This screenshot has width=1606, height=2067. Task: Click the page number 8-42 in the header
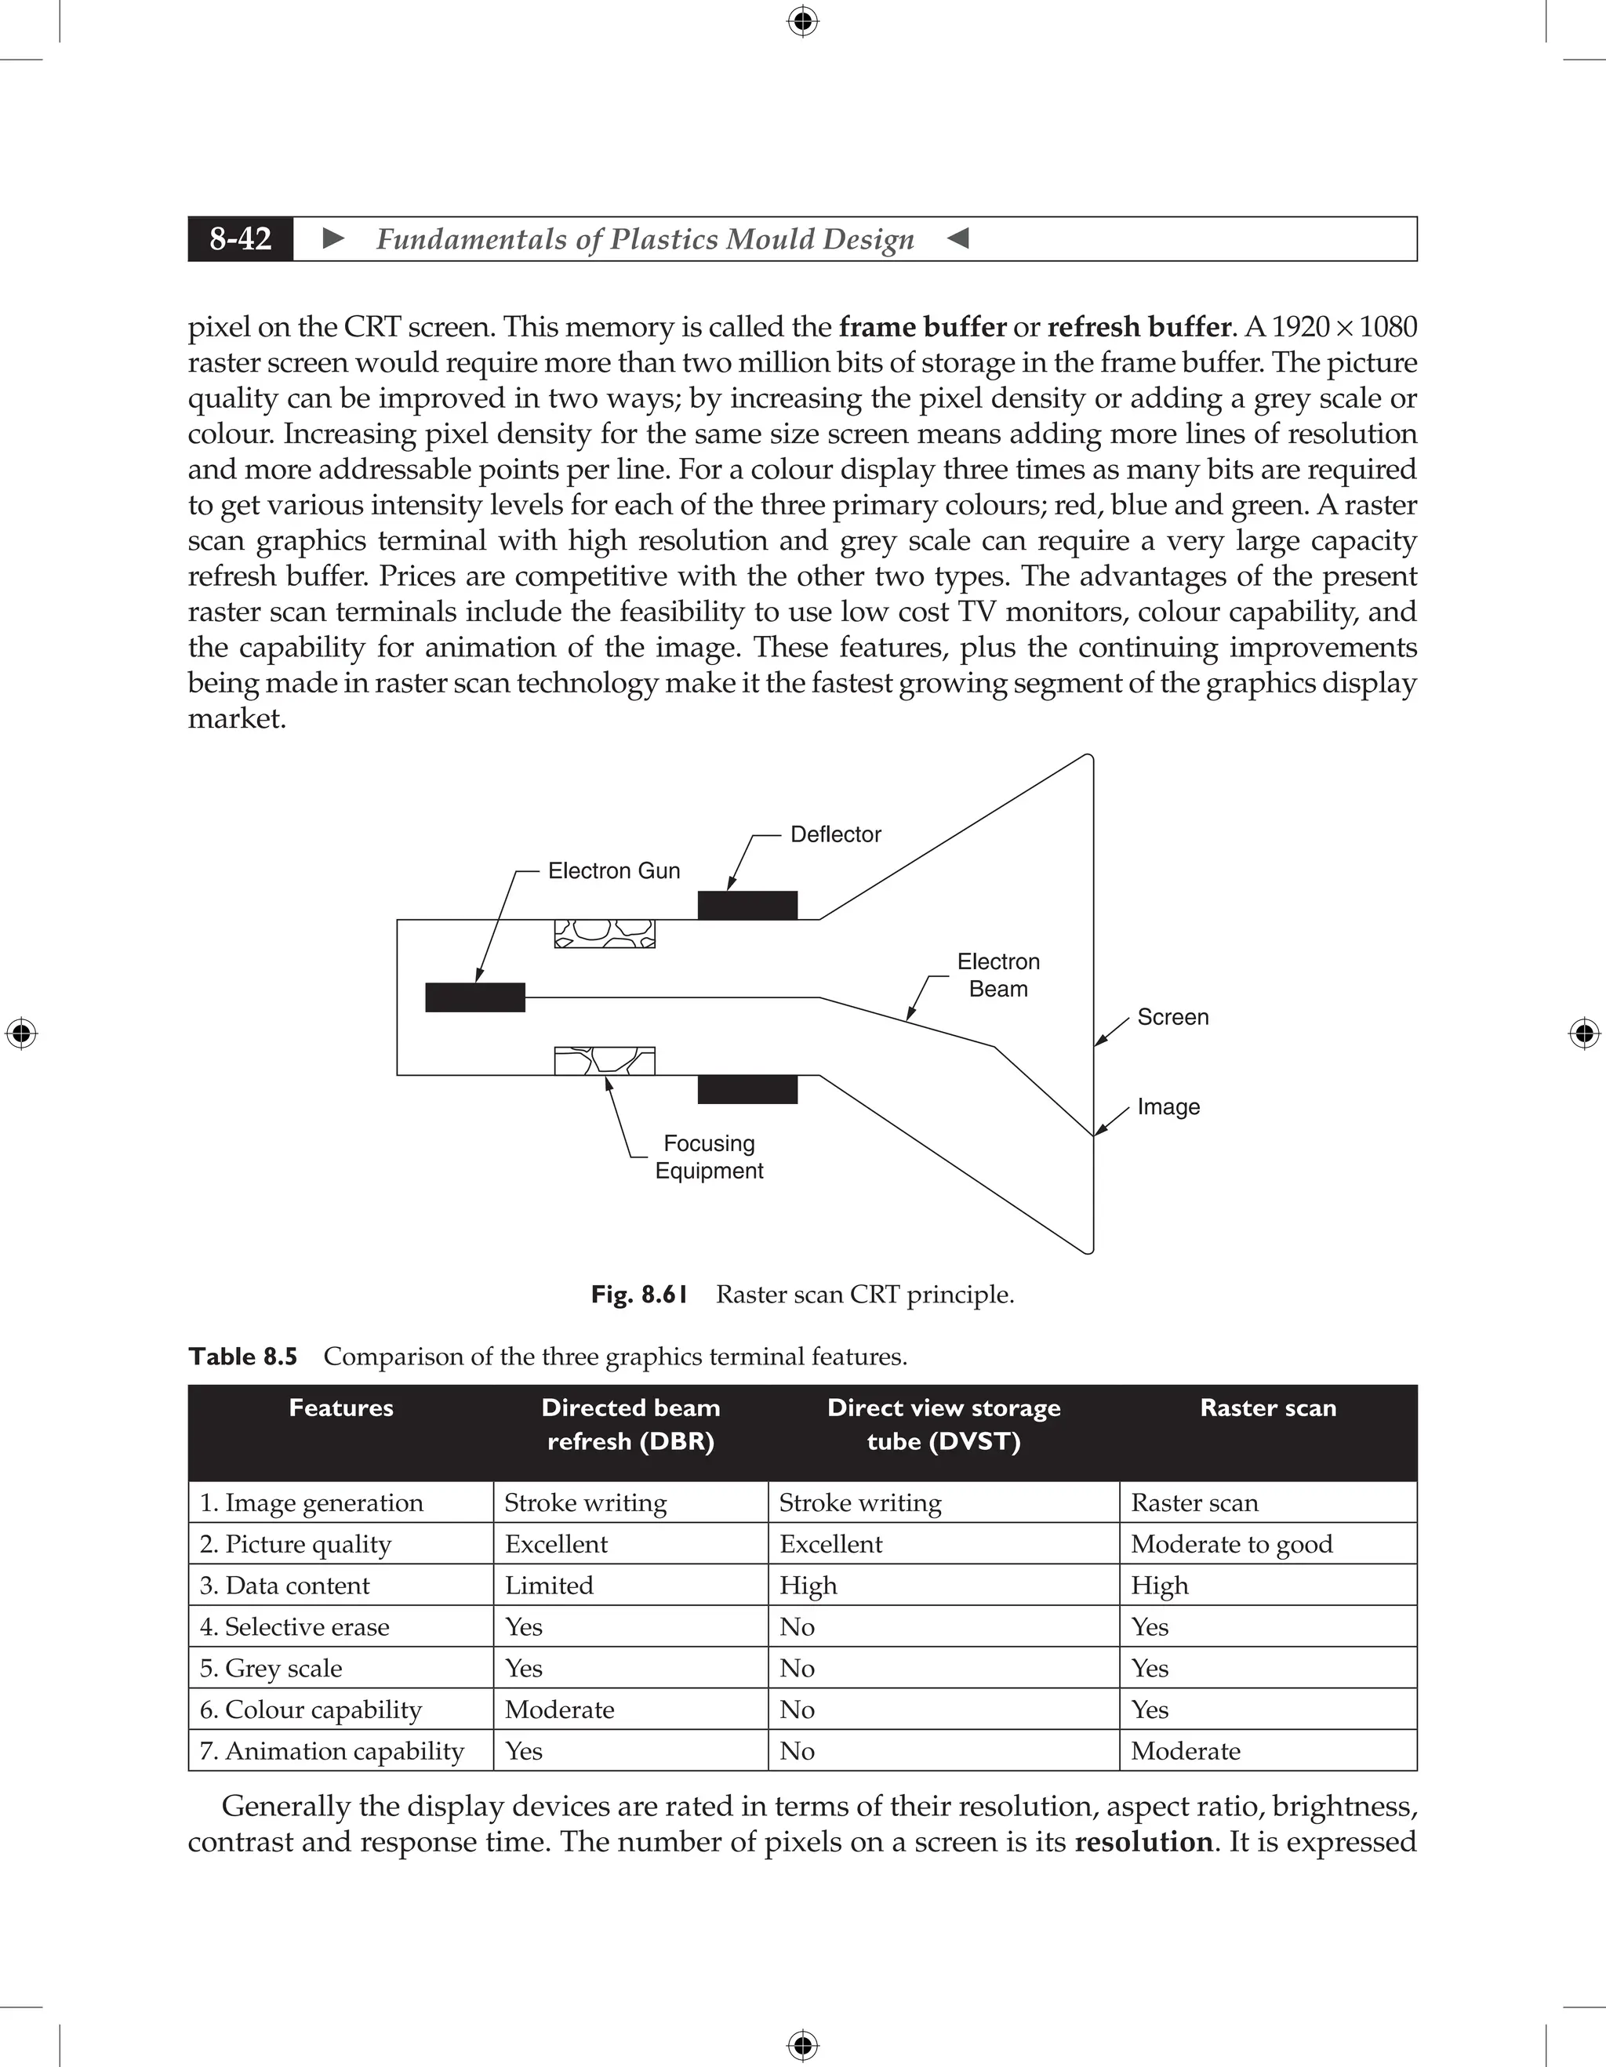click(x=241, y=238)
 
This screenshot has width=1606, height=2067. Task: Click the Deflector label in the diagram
click(x=834, y=834)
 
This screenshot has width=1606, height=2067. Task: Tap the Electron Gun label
click(x=613, y=870)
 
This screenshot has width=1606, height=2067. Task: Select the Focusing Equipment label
click(x=709, y=1157)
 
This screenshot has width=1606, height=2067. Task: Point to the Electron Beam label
click(x=997, y=975)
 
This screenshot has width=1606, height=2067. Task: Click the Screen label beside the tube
click(x=1172, y=1017)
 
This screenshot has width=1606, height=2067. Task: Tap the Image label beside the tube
click(x=1168, y=1106)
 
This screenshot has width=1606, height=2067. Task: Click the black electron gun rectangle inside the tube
click(x=475, y=997)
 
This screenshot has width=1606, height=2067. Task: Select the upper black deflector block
click(x=747, y=906)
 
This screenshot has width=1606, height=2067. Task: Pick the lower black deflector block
click(x=747, y=1089)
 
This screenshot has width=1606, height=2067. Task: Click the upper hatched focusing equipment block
click(x=605, y=933)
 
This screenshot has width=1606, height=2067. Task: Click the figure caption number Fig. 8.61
click(x=639, y=1294)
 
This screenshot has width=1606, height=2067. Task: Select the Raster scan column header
click(x=1267, y=1408)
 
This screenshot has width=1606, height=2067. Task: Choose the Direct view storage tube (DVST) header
click(x=943, y=1423)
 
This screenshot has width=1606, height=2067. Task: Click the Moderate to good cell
click(x=1231, y=1544)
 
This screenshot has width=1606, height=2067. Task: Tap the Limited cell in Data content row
click(x=549, y=1586)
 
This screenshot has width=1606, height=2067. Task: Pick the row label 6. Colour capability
click(x=311, y=1709)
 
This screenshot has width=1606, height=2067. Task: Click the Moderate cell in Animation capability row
click(x=1185, y=1751)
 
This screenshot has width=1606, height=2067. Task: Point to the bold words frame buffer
click(x=923, y=328)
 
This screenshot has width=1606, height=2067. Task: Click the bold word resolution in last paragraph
click(x=1143, y=1842)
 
